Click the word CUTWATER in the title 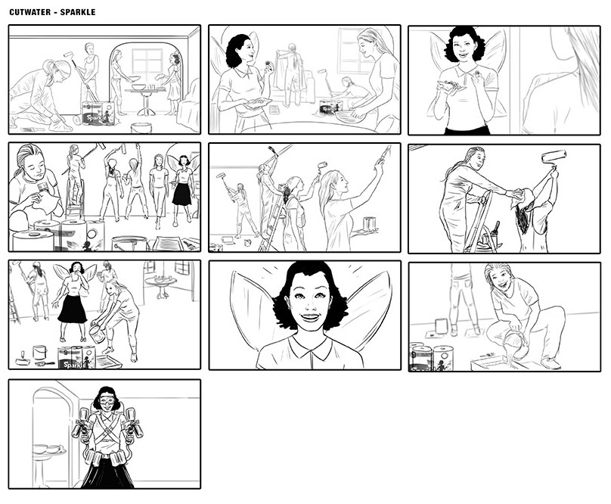pos(30,12)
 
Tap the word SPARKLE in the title pos(78,12)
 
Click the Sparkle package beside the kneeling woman pos(98,114)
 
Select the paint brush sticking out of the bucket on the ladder pos(496,229)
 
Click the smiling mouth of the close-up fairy pos(310,317)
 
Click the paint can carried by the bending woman pos(97,334)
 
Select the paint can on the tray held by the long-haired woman pos(369,223)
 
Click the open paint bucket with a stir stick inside pos(129,243)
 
